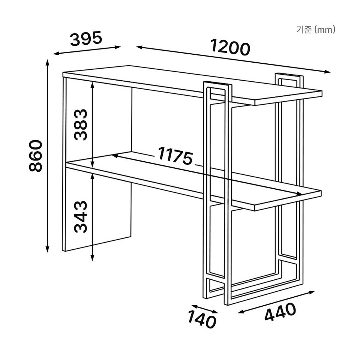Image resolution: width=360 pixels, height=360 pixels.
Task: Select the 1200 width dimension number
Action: tap(230, 48)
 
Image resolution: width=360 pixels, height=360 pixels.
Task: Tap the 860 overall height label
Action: tap(36, 156)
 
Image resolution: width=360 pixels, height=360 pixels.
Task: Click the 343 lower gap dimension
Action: tap(81, 217)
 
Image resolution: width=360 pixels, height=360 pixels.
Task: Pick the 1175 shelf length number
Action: tap(175, 156)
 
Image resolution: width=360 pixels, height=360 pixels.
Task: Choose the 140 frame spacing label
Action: tap(202, 318)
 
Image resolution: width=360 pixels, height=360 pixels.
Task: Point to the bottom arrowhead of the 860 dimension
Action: tap(48, 249)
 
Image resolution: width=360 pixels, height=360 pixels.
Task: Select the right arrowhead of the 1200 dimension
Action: tap(327, 72)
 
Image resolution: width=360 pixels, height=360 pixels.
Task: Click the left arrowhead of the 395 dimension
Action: tap(57, 54)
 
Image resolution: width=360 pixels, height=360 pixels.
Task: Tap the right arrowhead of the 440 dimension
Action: tap(312, 292)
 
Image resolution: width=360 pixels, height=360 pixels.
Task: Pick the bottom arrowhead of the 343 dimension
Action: tap(92, 258)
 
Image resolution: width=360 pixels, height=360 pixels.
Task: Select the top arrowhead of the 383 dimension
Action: tap(92, 85)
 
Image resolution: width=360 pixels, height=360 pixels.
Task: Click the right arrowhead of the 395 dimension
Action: tap(117, 47)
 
